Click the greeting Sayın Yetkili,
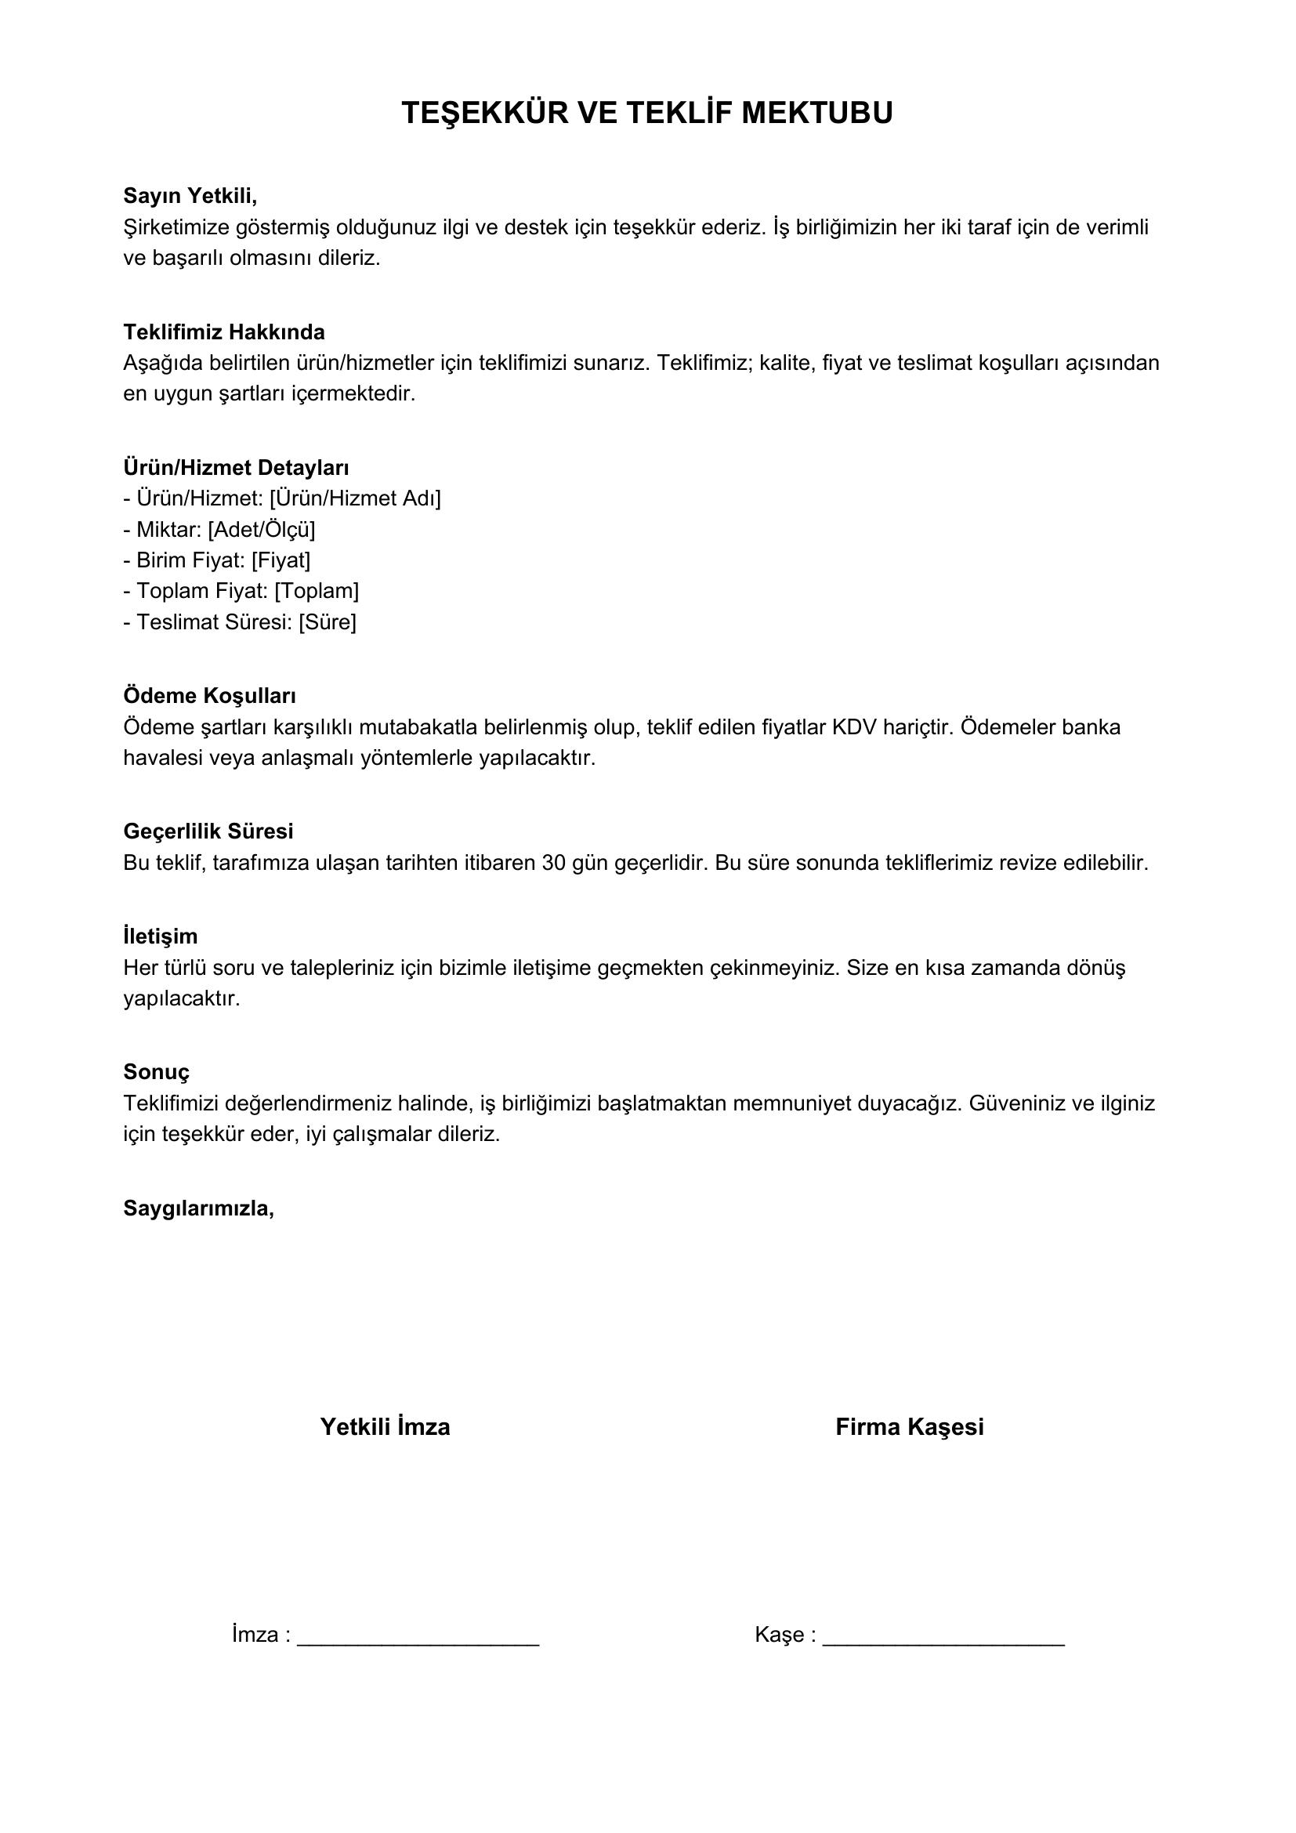point(190,196)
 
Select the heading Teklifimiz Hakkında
point(223,331)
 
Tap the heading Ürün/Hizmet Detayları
point(235,467)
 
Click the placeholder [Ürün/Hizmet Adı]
point(355,498)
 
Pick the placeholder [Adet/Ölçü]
point(261,529)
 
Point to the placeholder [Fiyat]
point(281,560)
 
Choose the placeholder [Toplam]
point(317,591)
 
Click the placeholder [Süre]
point(328,622)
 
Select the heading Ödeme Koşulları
point(209,695)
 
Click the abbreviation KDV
point(855,727)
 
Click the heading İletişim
point(161,936)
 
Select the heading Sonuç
point(157,1071)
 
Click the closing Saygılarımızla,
point(199,1208)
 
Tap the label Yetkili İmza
point(385,1426)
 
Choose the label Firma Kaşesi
point(909,1426)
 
